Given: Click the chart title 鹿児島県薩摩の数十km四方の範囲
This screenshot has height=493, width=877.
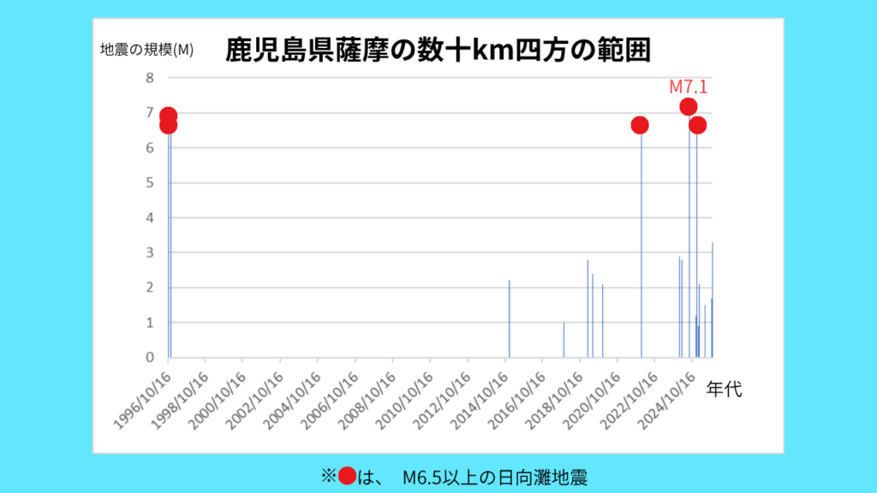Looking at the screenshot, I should (x=438, y=50).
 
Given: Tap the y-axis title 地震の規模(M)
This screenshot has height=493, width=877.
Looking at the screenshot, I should (x=147, y=50).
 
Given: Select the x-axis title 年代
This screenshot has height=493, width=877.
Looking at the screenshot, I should (x=725, y=389).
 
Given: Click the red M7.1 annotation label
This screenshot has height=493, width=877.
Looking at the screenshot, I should (x=689, y=86).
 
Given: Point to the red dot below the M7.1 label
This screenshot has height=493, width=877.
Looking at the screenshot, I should (x=688, y=107).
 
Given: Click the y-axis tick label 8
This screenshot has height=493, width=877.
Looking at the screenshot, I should (x=150, y=78).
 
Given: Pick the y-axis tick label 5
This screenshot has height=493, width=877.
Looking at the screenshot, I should (x=150, y=182).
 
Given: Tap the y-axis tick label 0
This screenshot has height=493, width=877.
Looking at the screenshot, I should (x=150, y=357).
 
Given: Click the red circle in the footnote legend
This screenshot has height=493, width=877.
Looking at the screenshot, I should (x=347, y=476).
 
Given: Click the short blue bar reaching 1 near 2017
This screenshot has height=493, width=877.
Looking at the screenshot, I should (x=564, y=340).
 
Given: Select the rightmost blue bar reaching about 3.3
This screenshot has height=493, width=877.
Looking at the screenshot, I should (x=713, y=300).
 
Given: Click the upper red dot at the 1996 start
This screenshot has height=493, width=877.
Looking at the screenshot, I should (x=169, y=115).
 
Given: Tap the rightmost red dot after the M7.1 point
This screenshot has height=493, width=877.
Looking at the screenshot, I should (x=697, y=125).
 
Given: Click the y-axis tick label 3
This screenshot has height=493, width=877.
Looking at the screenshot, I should (x=150, y=252).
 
